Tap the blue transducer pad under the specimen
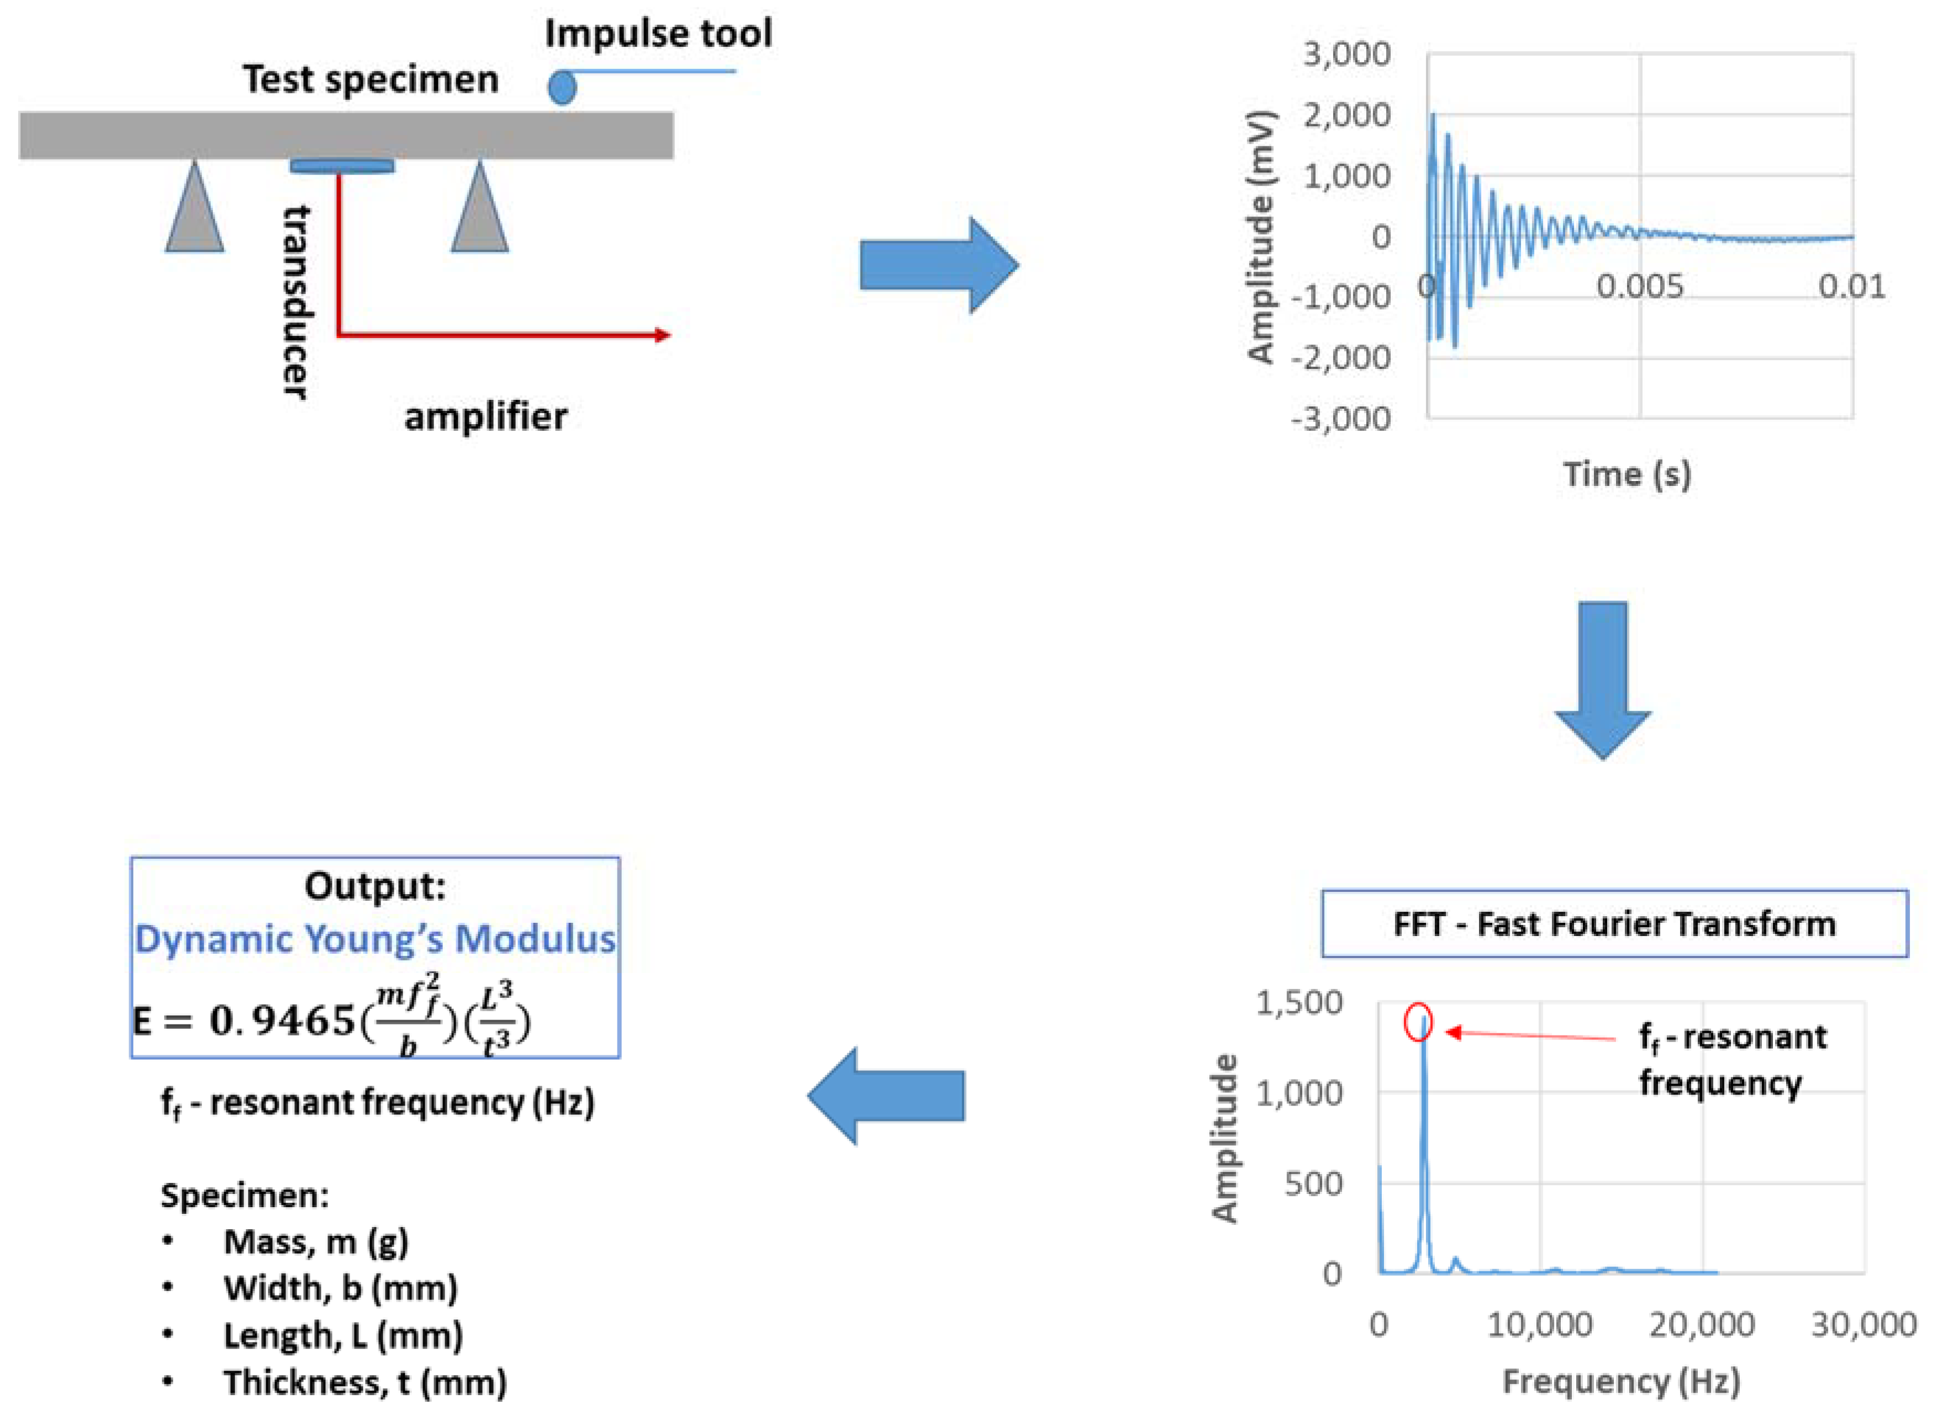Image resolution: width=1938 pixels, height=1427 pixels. pos(342,166)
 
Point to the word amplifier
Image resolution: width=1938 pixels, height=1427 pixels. pos(485,417)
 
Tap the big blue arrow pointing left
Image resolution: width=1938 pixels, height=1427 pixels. pos(886,1095)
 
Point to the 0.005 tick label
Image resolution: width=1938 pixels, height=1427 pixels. pos(1639,286)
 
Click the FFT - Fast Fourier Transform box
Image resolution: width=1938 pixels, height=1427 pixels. pos(1614,923)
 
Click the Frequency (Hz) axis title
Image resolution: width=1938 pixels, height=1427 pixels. pos(1621,1381)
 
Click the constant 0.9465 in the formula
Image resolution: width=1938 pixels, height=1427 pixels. pos(282,1021)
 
